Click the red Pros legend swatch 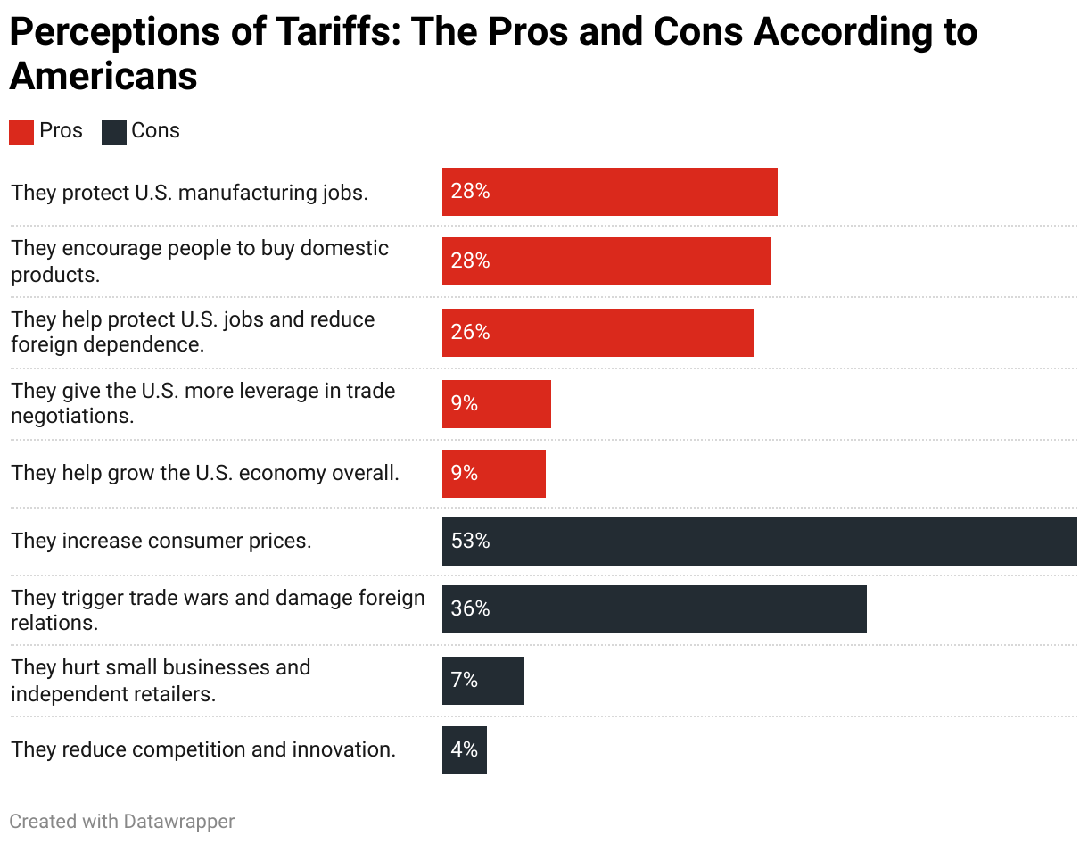pos(21,131)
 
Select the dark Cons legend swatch pos(114,131)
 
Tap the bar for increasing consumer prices pos(759,542)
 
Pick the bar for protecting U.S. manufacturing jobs pos(610,192)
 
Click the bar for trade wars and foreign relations pos(654,609)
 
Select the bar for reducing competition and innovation pos(465,750)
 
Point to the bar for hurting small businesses pos(483,681)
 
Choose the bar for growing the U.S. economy pos(494,474)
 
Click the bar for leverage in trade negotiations pos(497,404)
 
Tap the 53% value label pos(470,542)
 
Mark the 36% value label pos(470,609)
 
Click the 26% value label pos(470,333)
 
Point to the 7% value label pos(465,681)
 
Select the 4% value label pos(465,750)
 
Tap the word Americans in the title pos(103,77)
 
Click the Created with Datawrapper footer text pos(122,821)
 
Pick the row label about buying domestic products pos(200,261)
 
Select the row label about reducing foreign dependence pos(193,332)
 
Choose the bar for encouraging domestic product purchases pos(606,261)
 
